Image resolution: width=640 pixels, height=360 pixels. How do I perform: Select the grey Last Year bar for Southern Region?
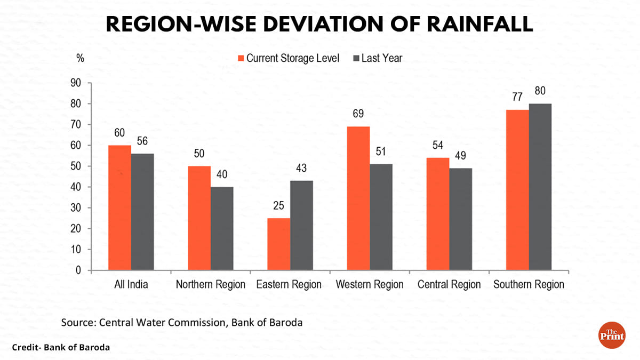point(540,187)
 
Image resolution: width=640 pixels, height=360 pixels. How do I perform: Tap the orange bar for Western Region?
point(358,198)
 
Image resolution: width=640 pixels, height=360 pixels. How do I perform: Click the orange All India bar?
point(120,208)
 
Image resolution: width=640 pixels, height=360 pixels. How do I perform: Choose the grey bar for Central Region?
point(460,219)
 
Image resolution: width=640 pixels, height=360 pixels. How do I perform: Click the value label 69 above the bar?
point(358,114)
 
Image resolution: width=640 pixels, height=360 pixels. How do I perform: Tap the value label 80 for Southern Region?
point(540,91)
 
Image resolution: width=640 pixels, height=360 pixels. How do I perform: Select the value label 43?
point(301,168)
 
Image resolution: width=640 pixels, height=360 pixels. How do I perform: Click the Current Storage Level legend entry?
point(288,58)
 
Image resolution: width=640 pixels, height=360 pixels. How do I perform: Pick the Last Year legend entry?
point(377,58)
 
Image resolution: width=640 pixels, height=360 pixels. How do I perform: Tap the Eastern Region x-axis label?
point(289,284)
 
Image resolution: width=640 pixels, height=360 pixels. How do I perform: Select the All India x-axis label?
point(131,284)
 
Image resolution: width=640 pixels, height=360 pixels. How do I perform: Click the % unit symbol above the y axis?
point(80,58)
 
